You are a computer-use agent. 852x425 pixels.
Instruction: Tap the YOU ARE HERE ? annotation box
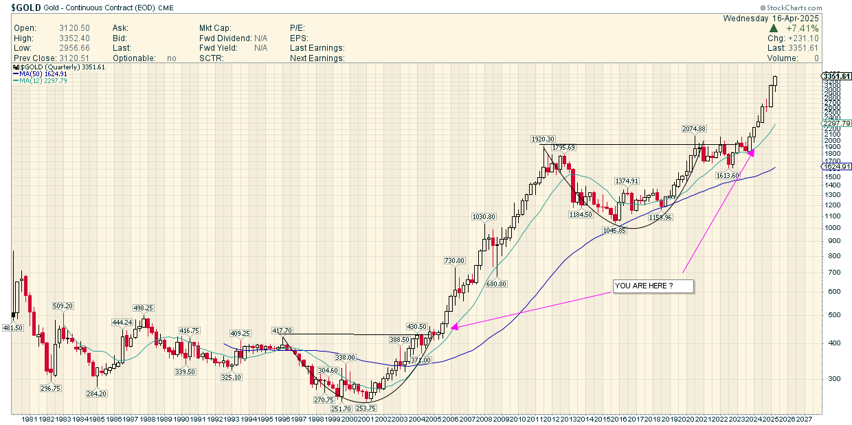pos(653,286)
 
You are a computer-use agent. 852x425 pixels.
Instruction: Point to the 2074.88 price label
pos(694,129)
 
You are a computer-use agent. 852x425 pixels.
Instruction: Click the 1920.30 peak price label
pos(542,139)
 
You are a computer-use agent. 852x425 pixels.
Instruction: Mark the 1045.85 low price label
pos(615,231)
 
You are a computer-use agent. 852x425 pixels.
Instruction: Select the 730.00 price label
pos(455,261)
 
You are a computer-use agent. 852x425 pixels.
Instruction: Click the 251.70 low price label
pos(341,409)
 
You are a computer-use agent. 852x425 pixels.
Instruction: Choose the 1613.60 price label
pos(728,176)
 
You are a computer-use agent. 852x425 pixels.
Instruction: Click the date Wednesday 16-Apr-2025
pos(772,18)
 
